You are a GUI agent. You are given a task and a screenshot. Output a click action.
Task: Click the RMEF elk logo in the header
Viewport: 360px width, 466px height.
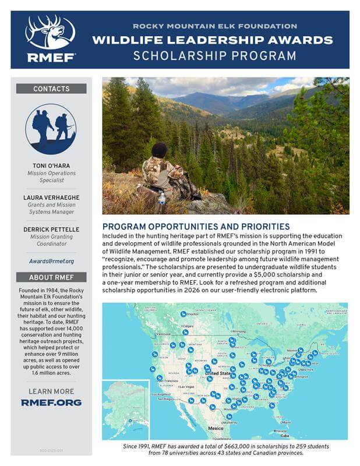pos(50,38)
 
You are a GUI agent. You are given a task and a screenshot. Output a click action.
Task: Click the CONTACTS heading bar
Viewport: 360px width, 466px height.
pos(51,89)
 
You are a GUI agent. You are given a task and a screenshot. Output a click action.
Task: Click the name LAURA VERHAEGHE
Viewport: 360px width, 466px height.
pos(51,197)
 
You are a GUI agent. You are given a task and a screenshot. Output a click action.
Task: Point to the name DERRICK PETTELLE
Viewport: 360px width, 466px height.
pos(51,230)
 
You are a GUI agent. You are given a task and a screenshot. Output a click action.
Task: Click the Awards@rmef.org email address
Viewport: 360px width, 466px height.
pos(51,261)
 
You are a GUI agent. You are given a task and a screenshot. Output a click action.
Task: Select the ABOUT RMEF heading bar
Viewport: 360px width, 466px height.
pos(51,277)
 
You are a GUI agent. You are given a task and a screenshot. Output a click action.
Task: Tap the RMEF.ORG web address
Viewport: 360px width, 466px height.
pos(51,403)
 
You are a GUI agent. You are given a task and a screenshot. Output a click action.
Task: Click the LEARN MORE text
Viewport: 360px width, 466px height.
pos(51,391)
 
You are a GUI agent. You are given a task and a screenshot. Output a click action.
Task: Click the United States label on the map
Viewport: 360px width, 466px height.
pos(218,373)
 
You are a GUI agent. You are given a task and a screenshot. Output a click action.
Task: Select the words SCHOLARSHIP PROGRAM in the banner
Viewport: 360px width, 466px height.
pos(214,57)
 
